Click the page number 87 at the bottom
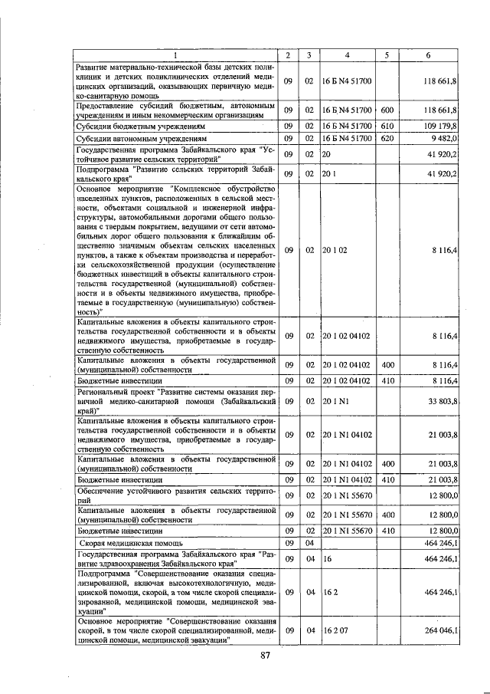tap(266, 655)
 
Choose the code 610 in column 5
tap(387, 126)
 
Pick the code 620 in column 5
tap(387, 138)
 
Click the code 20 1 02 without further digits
tap(335, 250)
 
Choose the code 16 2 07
tap(335, 630)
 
